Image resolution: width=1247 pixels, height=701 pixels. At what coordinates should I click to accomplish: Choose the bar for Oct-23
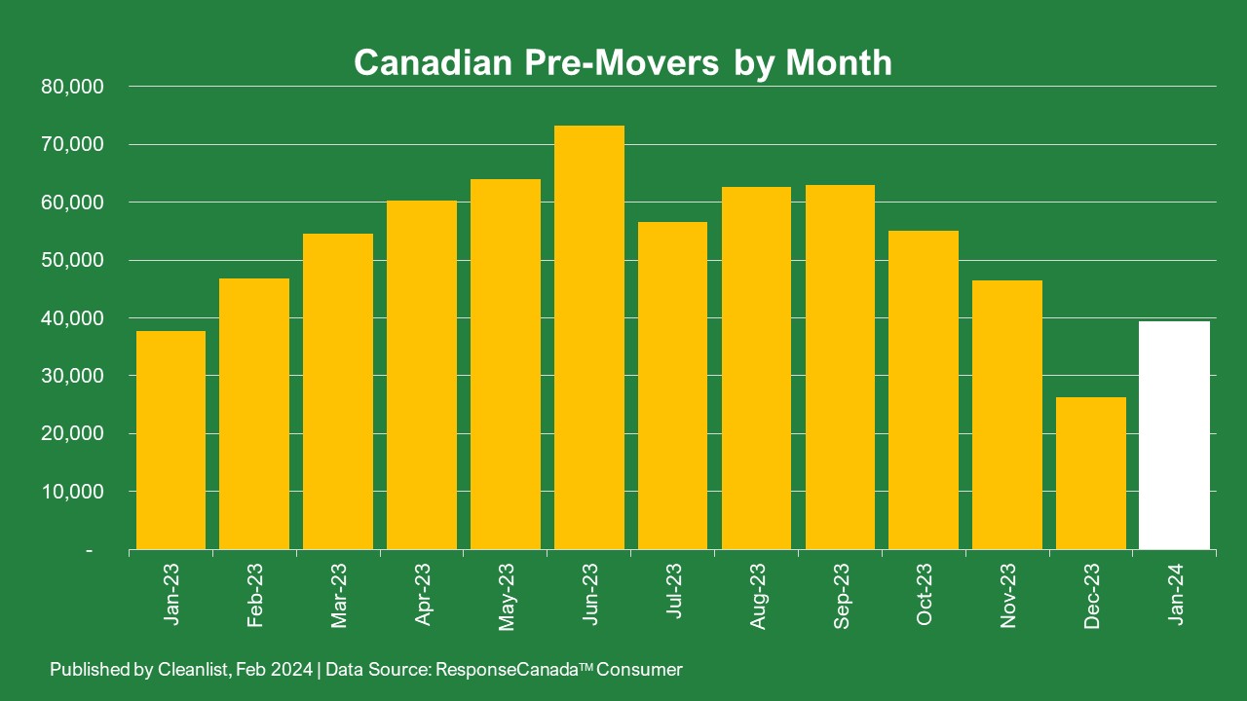click(924, 389)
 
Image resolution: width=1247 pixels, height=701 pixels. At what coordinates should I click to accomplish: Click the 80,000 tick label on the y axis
click(73, 87)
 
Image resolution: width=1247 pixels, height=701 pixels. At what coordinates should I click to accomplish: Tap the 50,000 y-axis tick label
click(73, 260)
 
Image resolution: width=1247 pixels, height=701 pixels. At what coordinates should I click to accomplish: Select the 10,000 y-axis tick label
click(73, 492)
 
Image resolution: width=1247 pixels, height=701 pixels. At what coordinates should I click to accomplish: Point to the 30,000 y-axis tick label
click(73, 376)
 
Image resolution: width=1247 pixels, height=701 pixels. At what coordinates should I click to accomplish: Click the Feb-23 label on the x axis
click(255, 595)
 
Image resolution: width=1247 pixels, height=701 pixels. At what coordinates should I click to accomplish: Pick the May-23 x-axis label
click(506, 597)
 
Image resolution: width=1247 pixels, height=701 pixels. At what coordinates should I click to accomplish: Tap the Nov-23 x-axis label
click(1007, 595)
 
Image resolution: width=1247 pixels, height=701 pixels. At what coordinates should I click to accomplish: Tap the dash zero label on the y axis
click(90, 550)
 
